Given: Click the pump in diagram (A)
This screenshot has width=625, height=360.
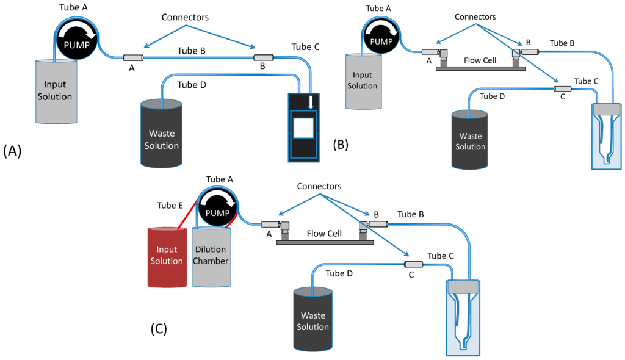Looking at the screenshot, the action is click(76, 39).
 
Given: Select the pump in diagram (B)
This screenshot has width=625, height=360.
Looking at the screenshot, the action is click(381, 36).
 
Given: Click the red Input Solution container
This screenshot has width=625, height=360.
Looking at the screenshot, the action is click(167, 257).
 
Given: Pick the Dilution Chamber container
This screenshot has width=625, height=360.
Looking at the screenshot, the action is click(211, 257).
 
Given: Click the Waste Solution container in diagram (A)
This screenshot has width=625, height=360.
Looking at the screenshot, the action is click(161, 133).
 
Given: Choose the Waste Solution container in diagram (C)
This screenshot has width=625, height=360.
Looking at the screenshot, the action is click(313, 320).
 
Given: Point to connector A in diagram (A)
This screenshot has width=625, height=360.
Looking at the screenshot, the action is click(133, 58).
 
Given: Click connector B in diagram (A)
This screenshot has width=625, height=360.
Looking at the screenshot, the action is click(264, 58).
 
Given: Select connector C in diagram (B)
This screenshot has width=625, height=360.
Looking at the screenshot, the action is click(562, 88).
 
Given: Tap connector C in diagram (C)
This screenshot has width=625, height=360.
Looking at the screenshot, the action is click(413, 264).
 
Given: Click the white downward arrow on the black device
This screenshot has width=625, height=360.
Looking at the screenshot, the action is click(311, 102).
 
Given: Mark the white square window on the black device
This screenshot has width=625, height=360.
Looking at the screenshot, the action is click(304, 128).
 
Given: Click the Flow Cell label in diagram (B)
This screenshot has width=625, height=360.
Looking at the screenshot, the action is click(480, 60).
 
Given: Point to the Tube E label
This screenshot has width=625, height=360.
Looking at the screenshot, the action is click(170, 205).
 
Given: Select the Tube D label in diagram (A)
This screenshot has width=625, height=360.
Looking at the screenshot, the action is click(192, 85).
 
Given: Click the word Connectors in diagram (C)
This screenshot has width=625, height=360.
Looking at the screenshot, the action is click(319, 186).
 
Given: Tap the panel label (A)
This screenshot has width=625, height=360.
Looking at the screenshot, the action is click(12, 151).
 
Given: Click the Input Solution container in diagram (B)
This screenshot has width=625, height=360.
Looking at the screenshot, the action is click(364, 81).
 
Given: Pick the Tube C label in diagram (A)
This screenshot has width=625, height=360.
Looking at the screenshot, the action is click(305, 46).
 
